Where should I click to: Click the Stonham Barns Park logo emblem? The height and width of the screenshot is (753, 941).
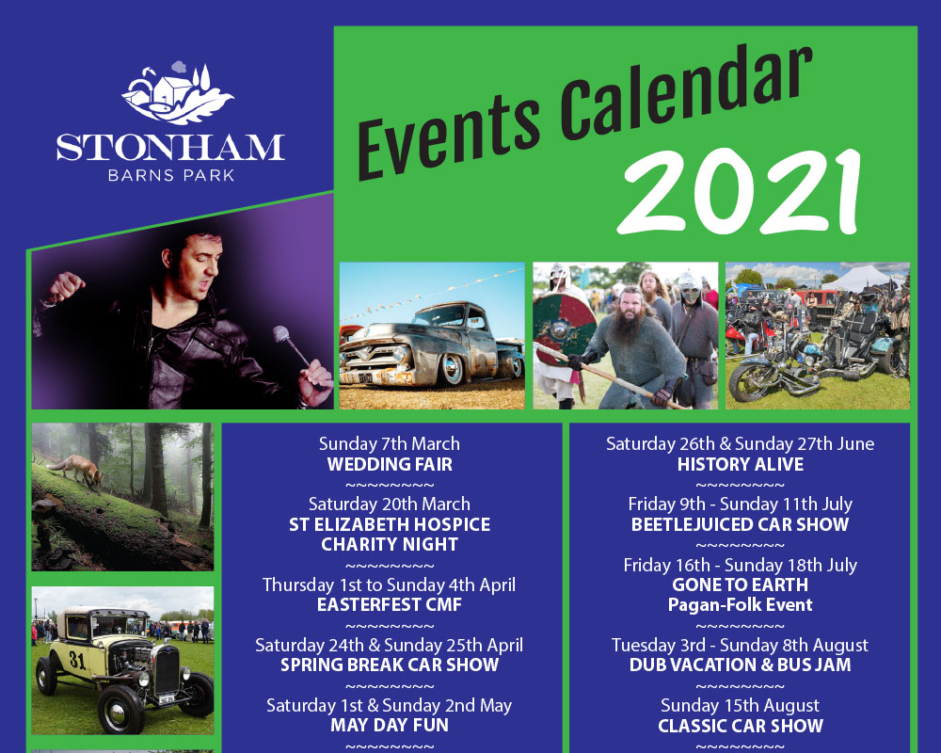(177, 94)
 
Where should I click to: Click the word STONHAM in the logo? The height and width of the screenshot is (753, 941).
(170, 148)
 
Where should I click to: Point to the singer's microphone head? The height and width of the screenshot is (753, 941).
(281, 333)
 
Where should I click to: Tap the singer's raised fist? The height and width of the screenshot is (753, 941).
(66, 286)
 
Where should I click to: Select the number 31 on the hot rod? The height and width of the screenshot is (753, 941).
(77, 660)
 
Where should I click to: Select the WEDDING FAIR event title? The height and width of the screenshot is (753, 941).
(391, 464)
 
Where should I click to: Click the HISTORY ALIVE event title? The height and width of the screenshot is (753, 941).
(741, 464)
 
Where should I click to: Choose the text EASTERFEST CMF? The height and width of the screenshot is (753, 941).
(390, 604)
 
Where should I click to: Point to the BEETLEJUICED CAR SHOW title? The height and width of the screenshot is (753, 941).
(740, 524)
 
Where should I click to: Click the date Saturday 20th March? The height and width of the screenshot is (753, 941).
(390, 504)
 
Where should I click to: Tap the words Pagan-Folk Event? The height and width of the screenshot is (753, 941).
(740, 604)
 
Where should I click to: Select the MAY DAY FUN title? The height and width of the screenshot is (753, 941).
(390, 725)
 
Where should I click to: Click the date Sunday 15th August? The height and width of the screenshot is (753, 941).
(740, 706)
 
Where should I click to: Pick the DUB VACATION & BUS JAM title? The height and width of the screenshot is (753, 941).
(740, 665)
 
